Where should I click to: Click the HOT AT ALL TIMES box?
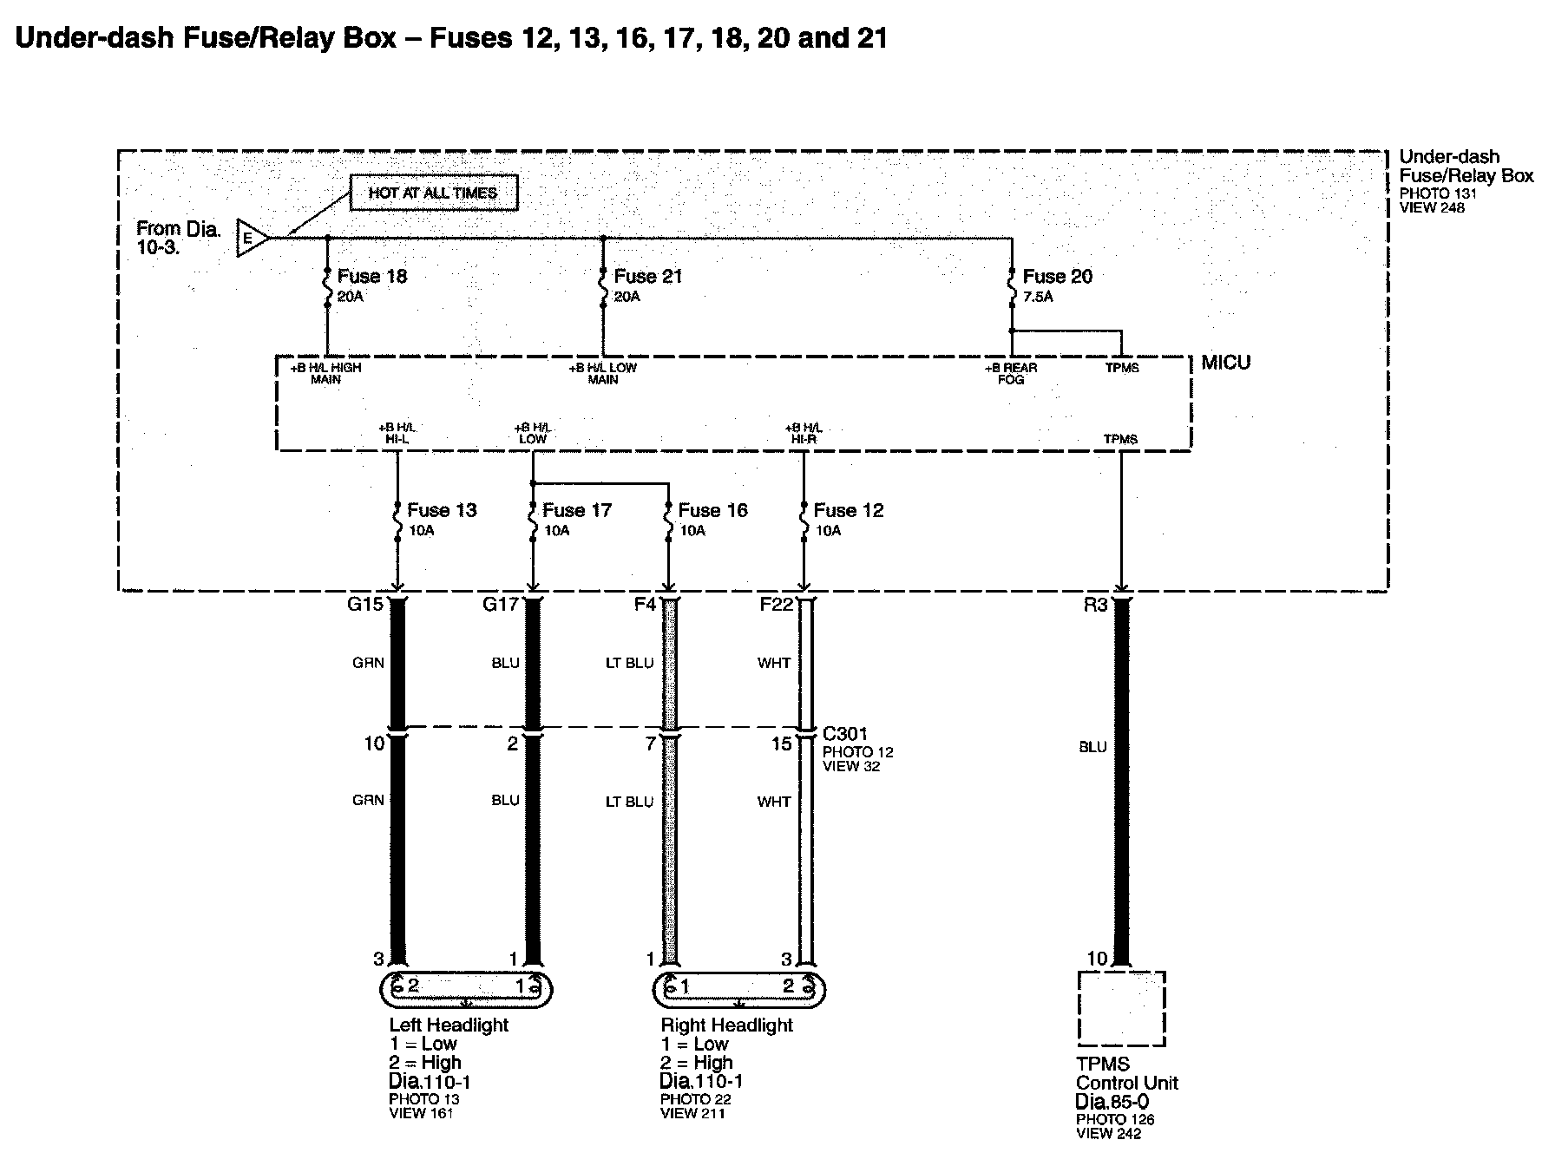click(433, 193)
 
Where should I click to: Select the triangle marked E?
click(251, 237)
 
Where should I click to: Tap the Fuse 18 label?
click(371, 277)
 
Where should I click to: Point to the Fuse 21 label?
click(647, 277)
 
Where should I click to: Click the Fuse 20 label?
click(1057, 277)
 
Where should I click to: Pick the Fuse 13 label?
click(442, 510)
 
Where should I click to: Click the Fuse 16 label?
click(712, 510)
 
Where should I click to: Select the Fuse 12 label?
click(848, 510)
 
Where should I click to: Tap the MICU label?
click(1225, 363)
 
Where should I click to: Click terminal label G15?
click(364, 605)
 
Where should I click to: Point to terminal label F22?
click(776, 605)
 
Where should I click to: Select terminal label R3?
click(1095, 605)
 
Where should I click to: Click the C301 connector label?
click(844, 734)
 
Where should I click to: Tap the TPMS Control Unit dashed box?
click(1121, 1008)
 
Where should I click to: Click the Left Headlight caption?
click(449, 1025)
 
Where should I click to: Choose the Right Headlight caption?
click(726, 1025)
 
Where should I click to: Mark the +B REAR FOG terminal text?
click(1011, 374)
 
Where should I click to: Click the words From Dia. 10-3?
click(179, 237)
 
